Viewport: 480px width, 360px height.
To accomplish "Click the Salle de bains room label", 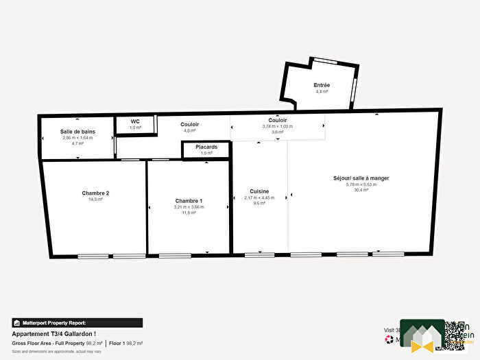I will [x=77, y=131].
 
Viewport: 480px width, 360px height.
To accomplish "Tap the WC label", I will [x=136, y=121].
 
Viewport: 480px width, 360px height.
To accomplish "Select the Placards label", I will [x=206, y=146].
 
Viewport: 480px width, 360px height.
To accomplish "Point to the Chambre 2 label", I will [x=95, y=193].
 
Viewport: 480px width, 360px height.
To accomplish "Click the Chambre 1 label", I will [x=189, y=200].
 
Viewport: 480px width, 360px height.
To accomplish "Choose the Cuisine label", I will [x=259, y=191].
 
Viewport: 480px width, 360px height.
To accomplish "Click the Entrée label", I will [x=322, y=85].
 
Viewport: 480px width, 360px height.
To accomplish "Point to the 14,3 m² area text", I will [x=95, y=200].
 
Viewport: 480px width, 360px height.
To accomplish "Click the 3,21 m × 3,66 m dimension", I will [x=189, y=206].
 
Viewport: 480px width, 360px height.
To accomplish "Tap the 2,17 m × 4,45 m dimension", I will [x=259, y=198].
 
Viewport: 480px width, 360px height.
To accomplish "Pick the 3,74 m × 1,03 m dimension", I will [x=277, y=126].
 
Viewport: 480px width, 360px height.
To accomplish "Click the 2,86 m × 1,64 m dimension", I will [x=77, y=138].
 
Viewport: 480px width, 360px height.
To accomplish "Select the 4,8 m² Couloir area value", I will [x=189, y=130].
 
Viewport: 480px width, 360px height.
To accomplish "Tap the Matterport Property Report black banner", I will [x=77, y=322].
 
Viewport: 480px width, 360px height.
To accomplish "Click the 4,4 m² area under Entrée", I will [x=322, y=91].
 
